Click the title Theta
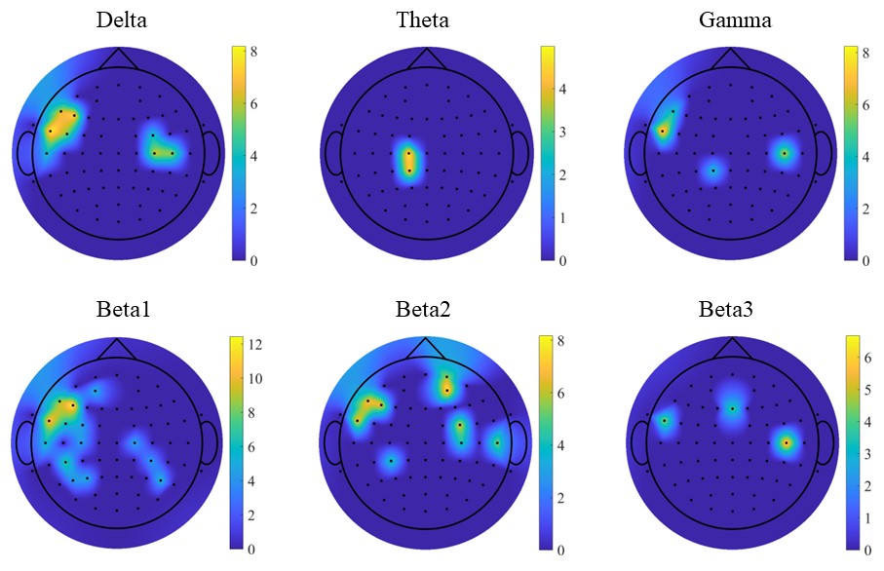click(423, 19)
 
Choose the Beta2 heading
click(423, 311)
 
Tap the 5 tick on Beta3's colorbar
click(868, 390)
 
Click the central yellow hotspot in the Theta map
click(409, 160)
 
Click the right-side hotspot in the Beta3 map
click(786, 442)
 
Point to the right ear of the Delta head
click(210, 153)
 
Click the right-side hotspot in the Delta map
click(162, 151)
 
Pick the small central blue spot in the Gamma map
click(712, 171)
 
